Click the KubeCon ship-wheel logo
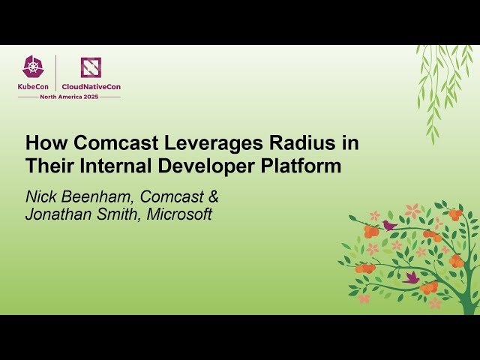click(x=33, y=67)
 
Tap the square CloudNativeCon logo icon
click(x=91, y=67)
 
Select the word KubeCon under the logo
click(x=34, y=87)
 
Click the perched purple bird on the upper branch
click(x=388, y=224)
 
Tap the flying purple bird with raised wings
click(x=410, y=277)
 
